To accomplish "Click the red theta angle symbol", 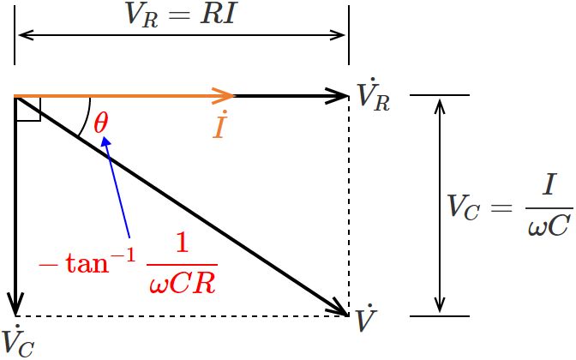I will (101, 123).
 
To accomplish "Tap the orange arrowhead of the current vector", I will (225, 95).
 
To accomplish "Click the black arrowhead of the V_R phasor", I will (338, 95).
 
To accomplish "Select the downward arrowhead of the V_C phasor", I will (15, 303).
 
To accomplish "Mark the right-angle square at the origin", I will (27, 108).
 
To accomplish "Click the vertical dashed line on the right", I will (349, 206).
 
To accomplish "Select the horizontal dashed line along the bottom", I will (180, 316).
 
